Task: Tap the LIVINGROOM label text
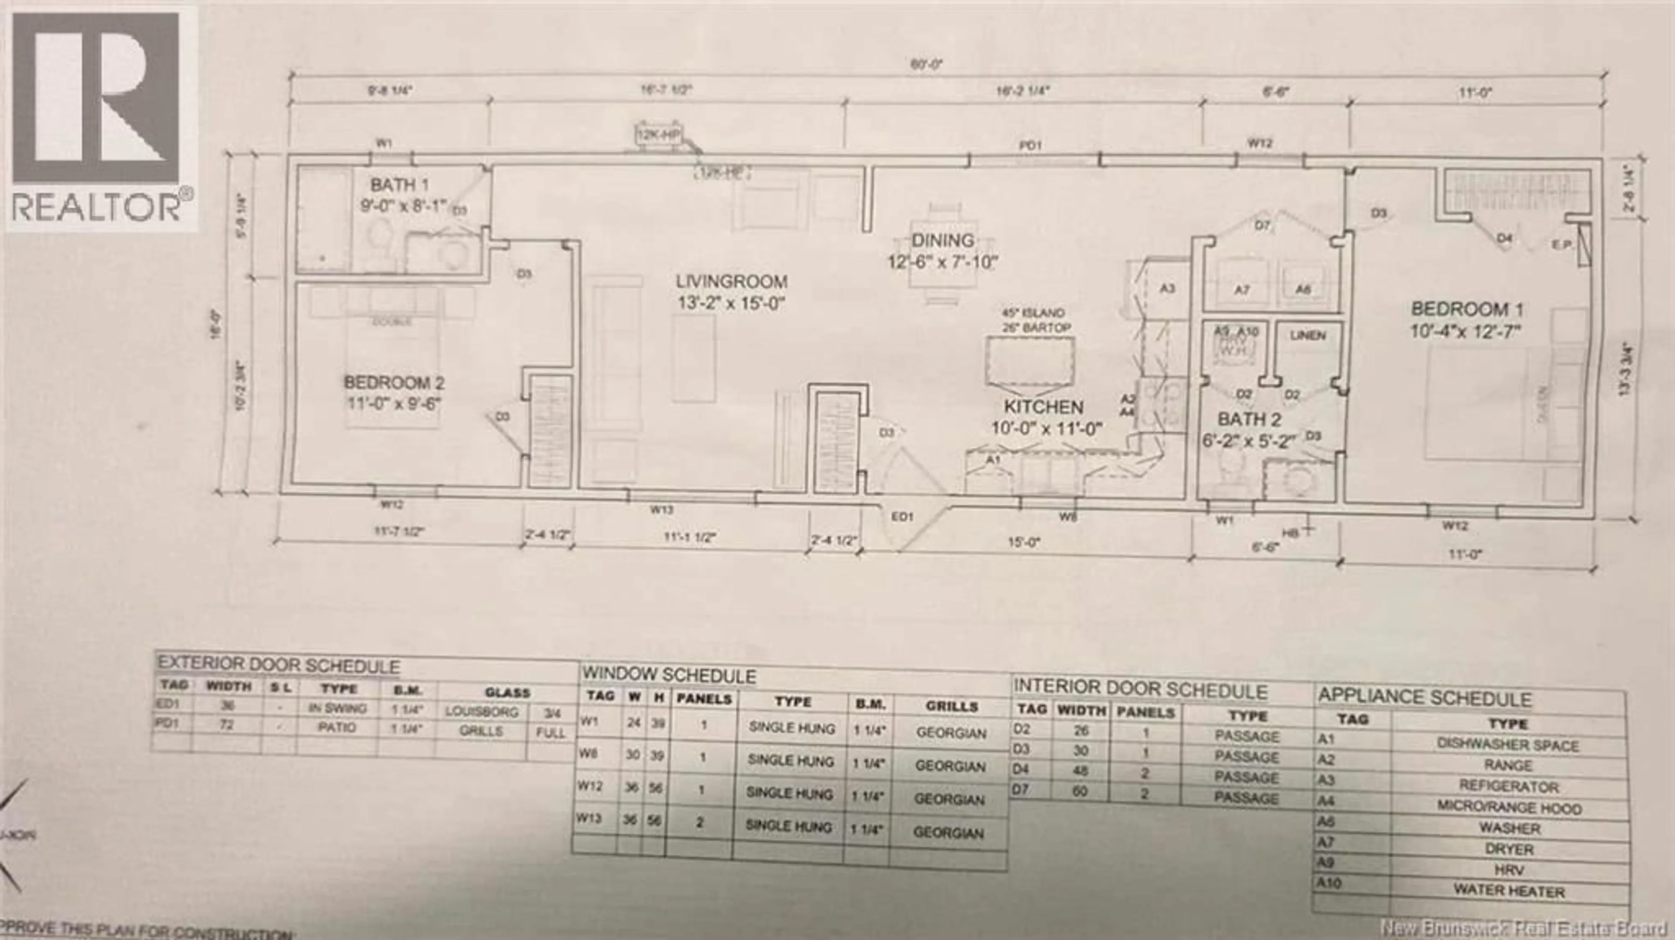coord(731,282)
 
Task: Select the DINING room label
coord(942,241)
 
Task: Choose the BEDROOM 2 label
coord(394,382)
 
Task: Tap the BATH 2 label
coord(1249,419)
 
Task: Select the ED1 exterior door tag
coord(902,517)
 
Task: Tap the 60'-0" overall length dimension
coord(926,65)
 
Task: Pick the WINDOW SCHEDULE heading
coord(668,676)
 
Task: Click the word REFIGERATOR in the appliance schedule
coord(1508,786)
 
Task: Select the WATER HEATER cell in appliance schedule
coord(1508,891)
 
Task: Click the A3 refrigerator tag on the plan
coord(1167,288)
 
